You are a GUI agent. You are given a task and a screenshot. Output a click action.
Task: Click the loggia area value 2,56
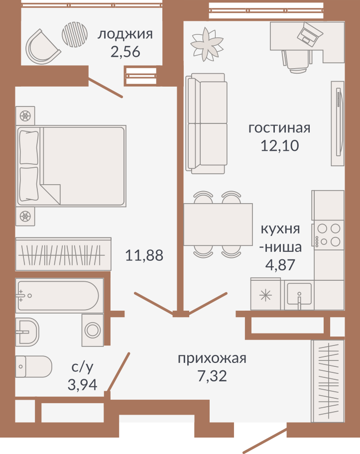click(x=125, y=52)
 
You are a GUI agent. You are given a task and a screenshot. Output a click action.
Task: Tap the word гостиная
click(x=279, y=127)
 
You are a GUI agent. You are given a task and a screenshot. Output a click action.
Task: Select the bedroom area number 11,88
click(x=144, y=255)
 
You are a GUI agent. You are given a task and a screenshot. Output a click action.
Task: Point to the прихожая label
click(x=212, y=358)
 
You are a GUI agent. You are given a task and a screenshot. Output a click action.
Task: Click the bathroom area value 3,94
click(x=83, y=384)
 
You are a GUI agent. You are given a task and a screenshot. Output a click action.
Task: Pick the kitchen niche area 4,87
click(x=280, y=265)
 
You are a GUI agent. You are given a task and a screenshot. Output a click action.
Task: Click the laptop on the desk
click(x=310, y=34)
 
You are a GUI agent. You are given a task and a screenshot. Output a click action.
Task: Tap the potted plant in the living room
click(x=207, y=44)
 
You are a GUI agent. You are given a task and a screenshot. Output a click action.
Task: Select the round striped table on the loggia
click(x=75, y=34)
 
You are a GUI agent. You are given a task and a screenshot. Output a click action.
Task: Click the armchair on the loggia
click(x=42, y=48)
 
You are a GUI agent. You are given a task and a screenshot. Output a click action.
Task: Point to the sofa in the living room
click(x=206, y=123)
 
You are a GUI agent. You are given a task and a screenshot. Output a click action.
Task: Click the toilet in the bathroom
click(x=33, y=366)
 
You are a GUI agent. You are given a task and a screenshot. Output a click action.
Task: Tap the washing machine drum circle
click(x=93, y=330)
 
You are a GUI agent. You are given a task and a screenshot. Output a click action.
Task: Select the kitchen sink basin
click(x=299, y=294)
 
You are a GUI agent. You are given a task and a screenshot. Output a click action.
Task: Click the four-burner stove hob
click(x=328, y=235)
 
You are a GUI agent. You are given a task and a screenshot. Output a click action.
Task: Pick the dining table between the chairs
click(x=218, y=225)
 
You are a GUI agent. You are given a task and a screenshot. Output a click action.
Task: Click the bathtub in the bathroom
click(x=59, y=296)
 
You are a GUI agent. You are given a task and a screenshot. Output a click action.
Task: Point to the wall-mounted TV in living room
click(x=338, y=123)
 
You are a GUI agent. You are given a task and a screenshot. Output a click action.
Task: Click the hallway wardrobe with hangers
click(x=328, y=381)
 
